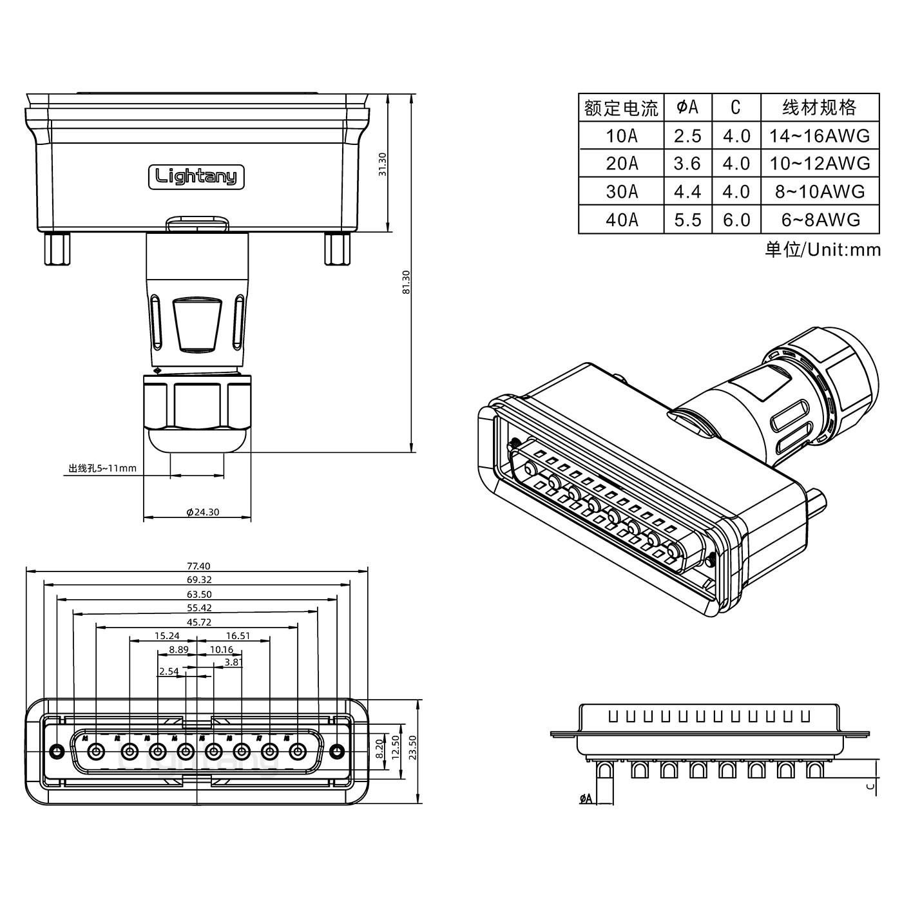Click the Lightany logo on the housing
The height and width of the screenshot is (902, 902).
point(197,177)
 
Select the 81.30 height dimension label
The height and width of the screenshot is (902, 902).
point(406,282)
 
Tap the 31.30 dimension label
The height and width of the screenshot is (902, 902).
point(382,164)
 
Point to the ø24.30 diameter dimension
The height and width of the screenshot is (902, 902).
point(202,512)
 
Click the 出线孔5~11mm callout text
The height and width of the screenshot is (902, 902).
point(102,468)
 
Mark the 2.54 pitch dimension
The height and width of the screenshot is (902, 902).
point(168,671)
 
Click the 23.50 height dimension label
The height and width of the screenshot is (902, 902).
point(413,747)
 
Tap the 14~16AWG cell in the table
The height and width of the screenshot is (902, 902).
point(820,136)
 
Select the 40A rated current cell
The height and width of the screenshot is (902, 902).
point(622,220)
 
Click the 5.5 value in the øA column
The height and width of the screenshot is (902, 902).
point(687,220)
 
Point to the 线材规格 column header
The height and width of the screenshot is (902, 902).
point(820,108)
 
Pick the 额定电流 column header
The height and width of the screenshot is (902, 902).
point(621,108)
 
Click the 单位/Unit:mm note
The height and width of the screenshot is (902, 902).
point(822,249)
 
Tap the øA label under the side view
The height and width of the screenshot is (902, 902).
point(586,799)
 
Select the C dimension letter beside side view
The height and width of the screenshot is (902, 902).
point(870,785)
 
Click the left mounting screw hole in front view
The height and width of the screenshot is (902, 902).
point(57,751)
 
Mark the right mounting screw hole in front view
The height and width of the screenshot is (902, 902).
point(335,751)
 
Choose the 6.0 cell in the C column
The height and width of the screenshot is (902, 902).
point(736,220)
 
